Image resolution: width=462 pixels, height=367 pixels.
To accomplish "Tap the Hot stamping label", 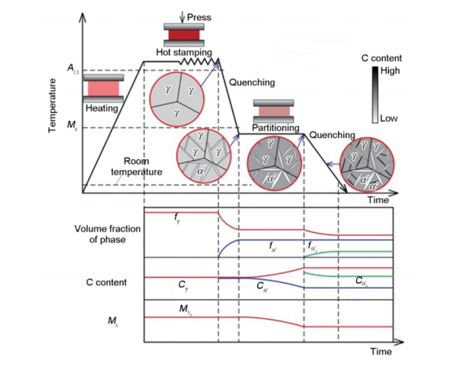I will [x=184, y=52].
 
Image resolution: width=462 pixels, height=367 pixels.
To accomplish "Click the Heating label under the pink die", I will [x=102, y=108].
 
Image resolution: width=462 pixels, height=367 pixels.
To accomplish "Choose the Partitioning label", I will [x=276, y=128].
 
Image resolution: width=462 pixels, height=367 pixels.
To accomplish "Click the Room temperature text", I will [x=136, y=167].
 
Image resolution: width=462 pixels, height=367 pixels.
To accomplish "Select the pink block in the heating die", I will [x=103, y=89].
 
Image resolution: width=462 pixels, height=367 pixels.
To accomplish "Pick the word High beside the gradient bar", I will [x=390, y=70].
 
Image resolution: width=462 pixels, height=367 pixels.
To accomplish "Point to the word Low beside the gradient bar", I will [x=389, y=119].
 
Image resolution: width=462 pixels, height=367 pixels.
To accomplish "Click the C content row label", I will [x=106, y=282].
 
